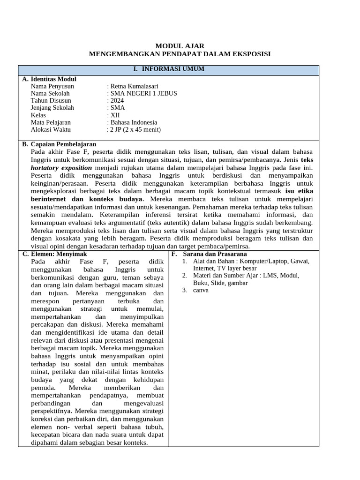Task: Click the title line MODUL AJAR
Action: click(x=180, y=46)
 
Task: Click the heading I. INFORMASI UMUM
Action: click(x=168, y=69)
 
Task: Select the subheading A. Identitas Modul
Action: click(x=49, y=79)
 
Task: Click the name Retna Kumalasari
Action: click(x=133, y=86)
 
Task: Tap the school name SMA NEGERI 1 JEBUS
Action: click(x=142, y=93)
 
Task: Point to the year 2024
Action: click(x=116, y=100)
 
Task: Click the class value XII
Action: click(x=113, y=115)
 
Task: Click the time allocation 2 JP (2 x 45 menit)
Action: click(x=134, y=129)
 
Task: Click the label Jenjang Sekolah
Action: click(x=52, y=108)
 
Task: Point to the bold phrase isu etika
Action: click(x=299, y=191)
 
